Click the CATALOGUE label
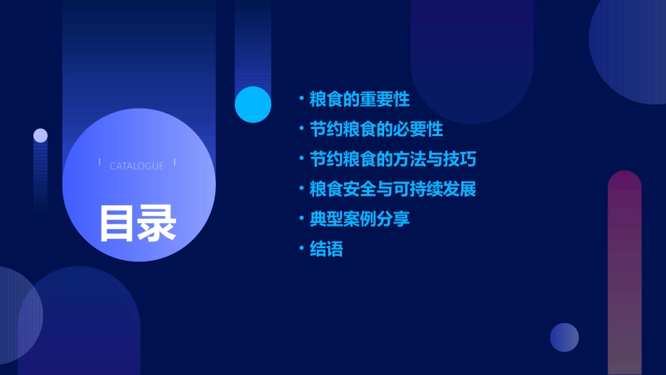tap(137, 166)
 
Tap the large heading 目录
tap(137, 223)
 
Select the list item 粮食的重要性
tap(360, 100)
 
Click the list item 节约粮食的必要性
tap(376, 130)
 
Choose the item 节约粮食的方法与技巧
tap(393, 160)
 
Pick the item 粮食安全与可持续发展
tap(393, 189)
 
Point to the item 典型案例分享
tap(360, 219)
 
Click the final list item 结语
tap(327, 250)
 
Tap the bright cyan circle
tap(253, 104)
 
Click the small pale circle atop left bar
tap(41, 135)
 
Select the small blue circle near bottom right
tap(564, 337)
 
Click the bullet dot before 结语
tap(301, 249)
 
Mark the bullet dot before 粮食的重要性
tap(301, 99)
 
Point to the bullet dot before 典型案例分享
tap(301, 219)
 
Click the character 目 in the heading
tap(117, 223)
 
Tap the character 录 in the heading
tap(157, 223)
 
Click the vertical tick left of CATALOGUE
tap(100, 163)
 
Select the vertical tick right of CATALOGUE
tap(174, 163)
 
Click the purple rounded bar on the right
tap(625, 273)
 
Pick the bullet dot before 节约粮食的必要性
tap(301, 129)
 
